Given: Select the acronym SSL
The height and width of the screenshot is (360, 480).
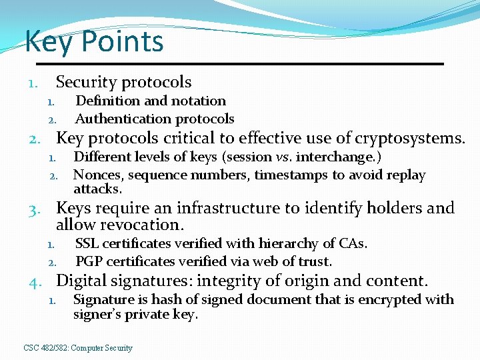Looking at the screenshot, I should coord(87,243).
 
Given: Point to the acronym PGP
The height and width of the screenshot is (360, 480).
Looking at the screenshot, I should coord(88,261).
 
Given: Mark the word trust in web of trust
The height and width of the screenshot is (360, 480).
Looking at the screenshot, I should coord(315,261).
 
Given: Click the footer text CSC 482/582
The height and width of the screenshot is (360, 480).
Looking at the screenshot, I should coord(47,348).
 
